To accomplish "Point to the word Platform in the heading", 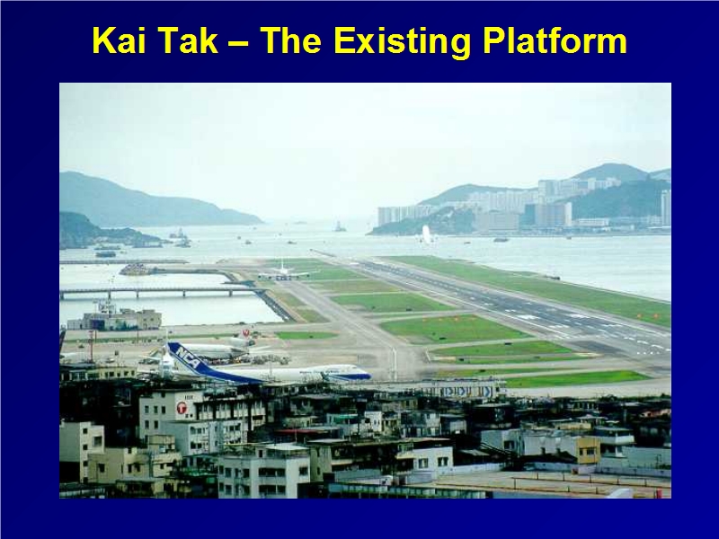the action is (x=555, y=40).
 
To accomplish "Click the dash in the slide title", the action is (x=238, y=43).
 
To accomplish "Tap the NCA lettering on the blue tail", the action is (x=188, y=356).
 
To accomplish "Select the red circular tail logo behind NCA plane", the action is (x=245, y=332).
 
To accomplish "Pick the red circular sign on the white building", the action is (x=182, y=407).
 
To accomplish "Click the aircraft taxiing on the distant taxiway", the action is (x=284, y=272).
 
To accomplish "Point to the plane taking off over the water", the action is (x=426, y=235).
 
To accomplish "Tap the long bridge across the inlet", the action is (x=162, y=291).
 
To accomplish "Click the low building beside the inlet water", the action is (x=115, y=317).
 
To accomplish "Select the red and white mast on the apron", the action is (x=92, y=346).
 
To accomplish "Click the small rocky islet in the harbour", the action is (x=340, y=226).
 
